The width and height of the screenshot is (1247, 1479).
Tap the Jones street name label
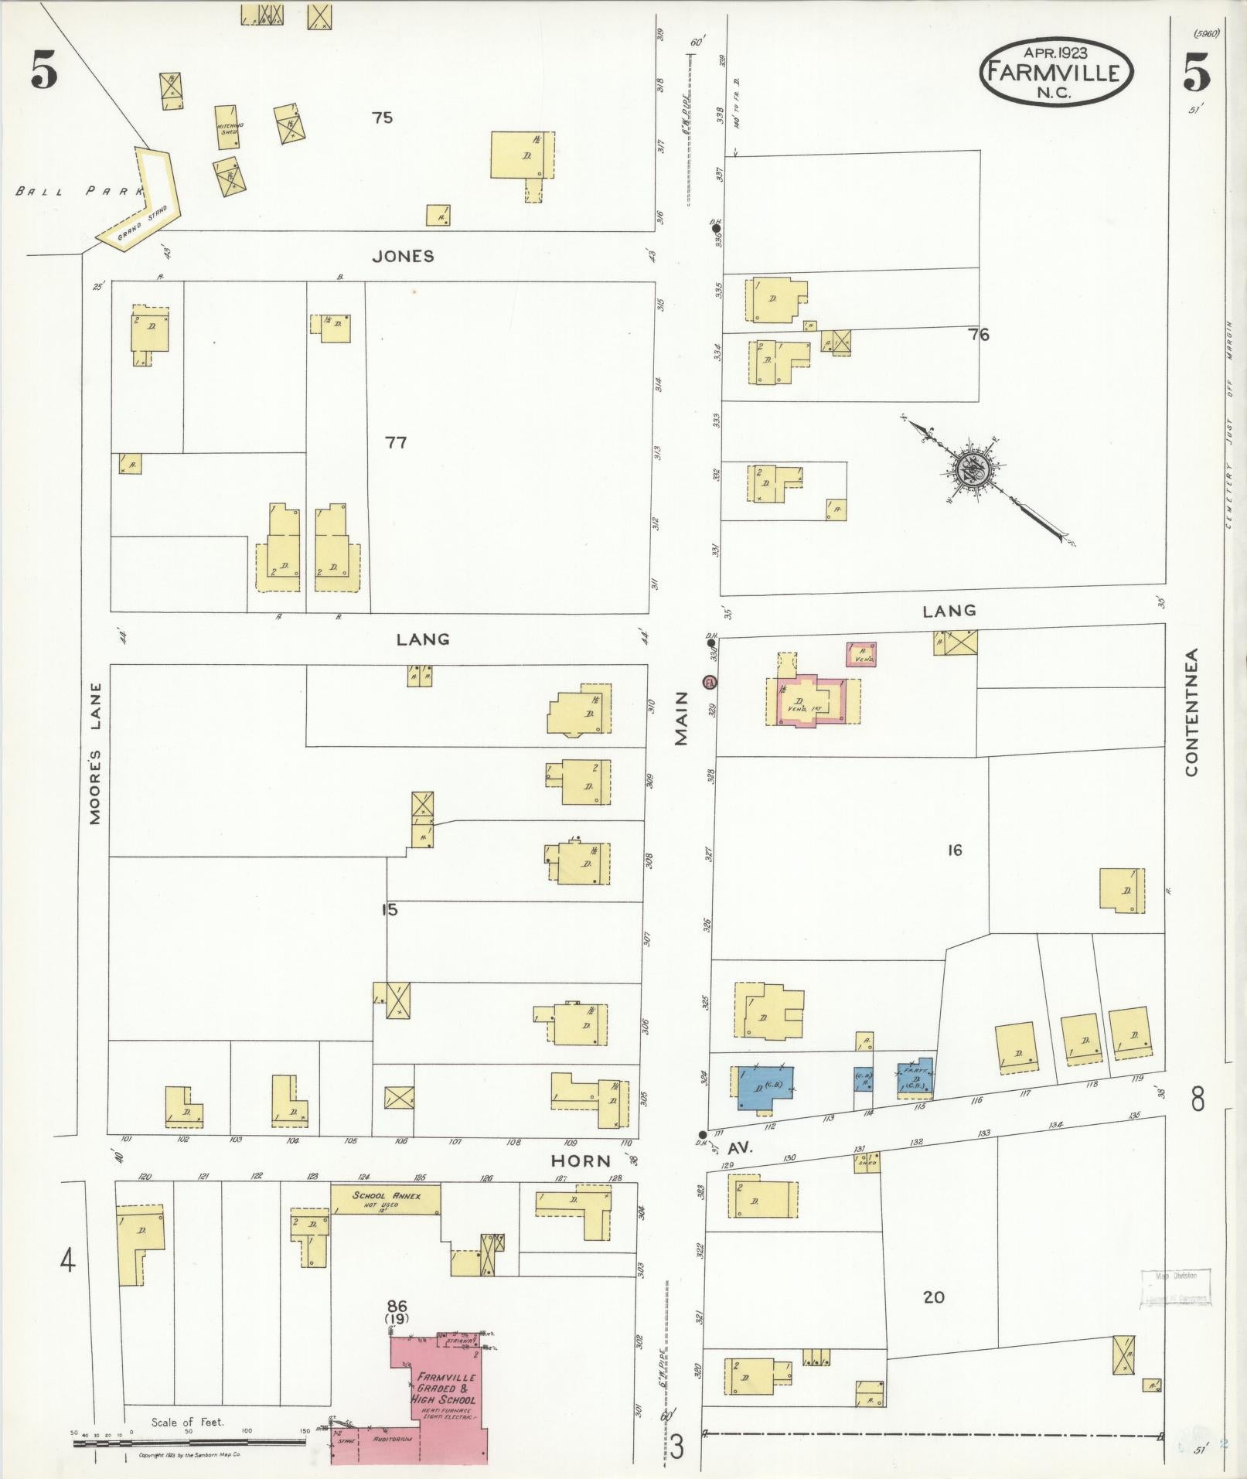click(403, 257)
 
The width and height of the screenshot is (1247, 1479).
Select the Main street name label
click(681, 724)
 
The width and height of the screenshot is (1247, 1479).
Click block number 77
click(396, 443)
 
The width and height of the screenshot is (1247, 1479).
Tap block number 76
click(979, 335)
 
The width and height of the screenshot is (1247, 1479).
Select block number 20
click(934, 1297)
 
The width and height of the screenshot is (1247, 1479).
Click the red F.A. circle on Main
click(709, 683)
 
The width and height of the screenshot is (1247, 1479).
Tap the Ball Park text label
click(77, 190)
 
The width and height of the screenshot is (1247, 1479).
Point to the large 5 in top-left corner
click(44, 73)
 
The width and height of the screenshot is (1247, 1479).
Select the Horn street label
click(581, 1160)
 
